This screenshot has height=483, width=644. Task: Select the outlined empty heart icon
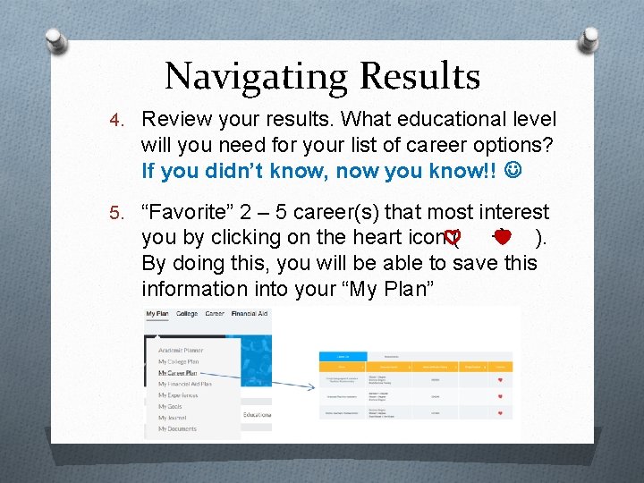coord(453,238)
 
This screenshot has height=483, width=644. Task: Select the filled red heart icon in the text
coord(502,237)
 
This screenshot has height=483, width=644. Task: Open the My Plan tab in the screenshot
coord(157,314)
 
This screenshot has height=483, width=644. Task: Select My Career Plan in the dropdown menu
coord(179,373)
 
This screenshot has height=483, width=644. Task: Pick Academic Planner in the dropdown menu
coord(181,351)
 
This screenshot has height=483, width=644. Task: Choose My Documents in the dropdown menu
coord(177,429)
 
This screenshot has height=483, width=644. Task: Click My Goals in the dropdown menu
coord(170,407)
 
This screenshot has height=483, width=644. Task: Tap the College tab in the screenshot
coord(187,314)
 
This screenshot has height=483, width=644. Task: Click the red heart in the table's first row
coord(501,379)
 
